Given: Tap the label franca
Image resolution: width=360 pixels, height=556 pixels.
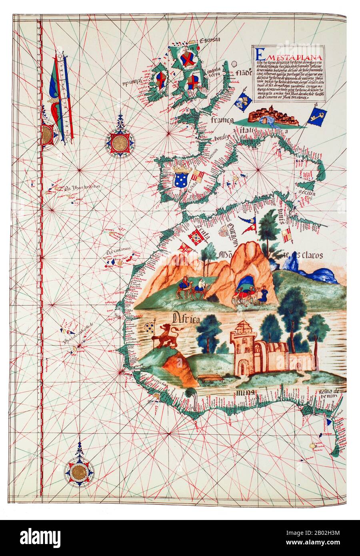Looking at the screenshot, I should (222, 120).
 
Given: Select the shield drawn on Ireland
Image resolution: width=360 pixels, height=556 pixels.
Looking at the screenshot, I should (161, 80).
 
